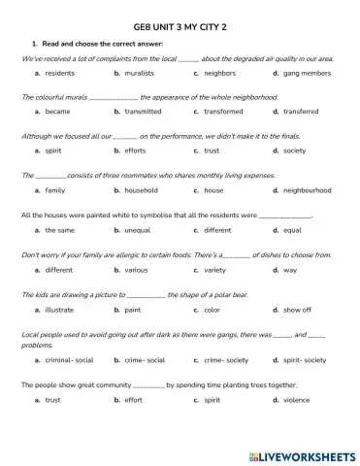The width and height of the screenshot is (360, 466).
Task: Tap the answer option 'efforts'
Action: click(138, 151)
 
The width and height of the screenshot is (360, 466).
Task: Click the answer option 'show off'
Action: click(297, 310)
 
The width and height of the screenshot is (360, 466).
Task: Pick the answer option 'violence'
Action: click(297, 399)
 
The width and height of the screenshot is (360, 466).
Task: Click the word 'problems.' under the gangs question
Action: click(37, 345)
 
